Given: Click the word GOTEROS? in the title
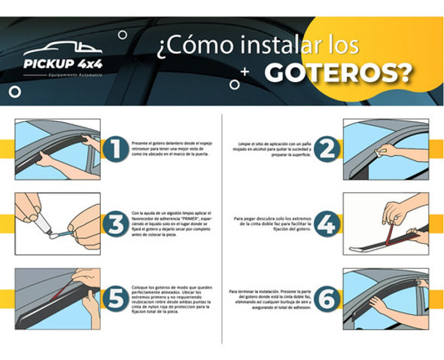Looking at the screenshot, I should pyautogui.click(x=339, y=72).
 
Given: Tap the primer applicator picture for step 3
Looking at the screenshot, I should pyautogui.click(x=57, y=223).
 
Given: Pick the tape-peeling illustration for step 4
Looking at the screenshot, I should pyautogui.click(x=385, y=223).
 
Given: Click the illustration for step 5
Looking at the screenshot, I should pyautogui.click(x=57, y=299).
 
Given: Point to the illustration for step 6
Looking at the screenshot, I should pyautogui.click(x=385, y=299).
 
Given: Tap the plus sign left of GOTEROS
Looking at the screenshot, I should pyautogui.click(x=245, y=72).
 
